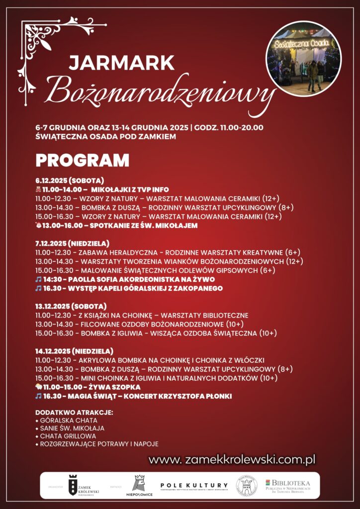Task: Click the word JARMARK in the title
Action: [x=121, y=63]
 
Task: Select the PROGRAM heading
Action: [x=82, y=160]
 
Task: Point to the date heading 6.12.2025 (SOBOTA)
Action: [x=69, y=180]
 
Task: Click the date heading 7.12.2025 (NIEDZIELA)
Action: [x=72, y=244]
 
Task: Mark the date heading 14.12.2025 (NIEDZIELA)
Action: [x=74, y=351]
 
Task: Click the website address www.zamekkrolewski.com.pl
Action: [x=232, y=460]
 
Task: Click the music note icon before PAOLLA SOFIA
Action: [x=38, y=279]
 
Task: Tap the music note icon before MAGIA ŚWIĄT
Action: [x=38, y=396]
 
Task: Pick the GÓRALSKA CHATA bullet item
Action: [x=68, y=421]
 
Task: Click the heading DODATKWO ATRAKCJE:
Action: [x=74, y=413]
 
